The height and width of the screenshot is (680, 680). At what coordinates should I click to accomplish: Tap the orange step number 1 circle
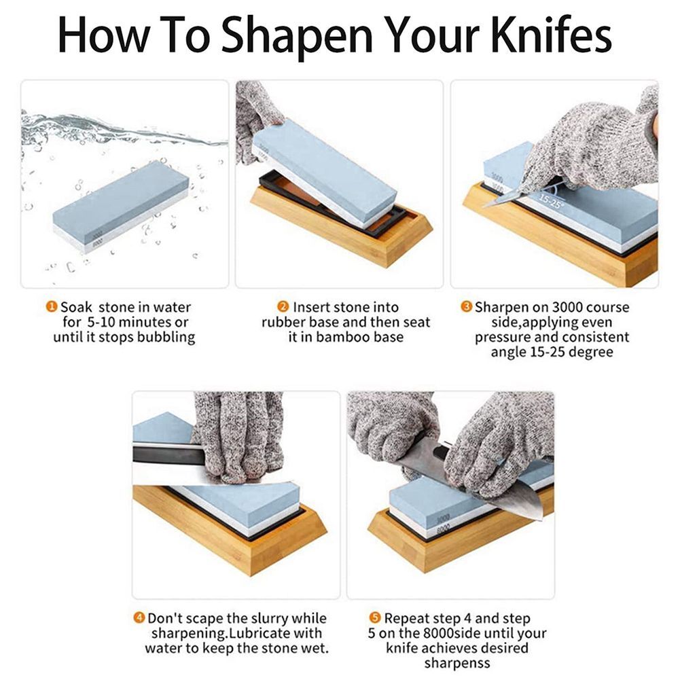(x=52, y=307)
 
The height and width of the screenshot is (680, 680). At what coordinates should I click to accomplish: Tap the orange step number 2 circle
(x=283, y=307)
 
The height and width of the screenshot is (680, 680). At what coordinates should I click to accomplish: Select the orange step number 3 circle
(x=467, y=307)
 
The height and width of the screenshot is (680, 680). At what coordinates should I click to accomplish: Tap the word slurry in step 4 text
(x=262, y=619)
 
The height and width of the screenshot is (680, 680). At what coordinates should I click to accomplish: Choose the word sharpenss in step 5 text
(x=457, y=664)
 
